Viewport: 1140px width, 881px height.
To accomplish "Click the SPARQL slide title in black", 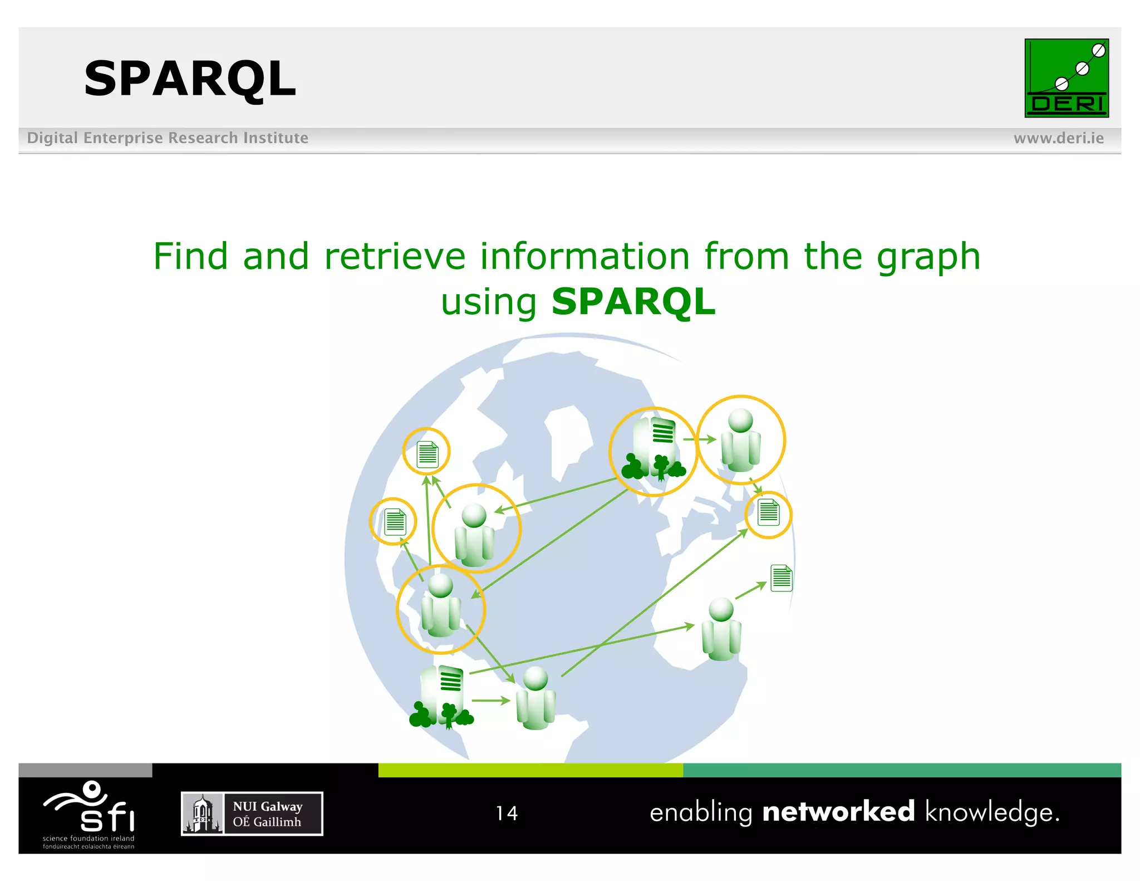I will click(x=190, y=79).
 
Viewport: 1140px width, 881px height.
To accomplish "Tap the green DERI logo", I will click(x=1066, y=78).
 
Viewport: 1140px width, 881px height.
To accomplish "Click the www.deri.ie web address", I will click(x=1058, y=138).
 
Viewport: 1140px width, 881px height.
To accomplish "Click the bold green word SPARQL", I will click(x=633, y=302).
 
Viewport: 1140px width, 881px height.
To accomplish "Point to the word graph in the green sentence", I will click(x=928, y=257).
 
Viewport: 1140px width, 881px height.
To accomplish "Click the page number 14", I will click(x=507, y=813).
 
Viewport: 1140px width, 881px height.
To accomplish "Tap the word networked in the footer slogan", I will click(x=838, y=811).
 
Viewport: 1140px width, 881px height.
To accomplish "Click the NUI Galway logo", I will click(x=252, y=814).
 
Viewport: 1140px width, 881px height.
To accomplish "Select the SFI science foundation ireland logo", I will click(x=89, y=814).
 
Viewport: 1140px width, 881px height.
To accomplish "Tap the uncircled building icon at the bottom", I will click(x=441, y=698).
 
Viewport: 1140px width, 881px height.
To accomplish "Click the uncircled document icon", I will click(x=781, y=577).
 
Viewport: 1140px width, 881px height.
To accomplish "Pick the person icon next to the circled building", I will click(x=740, y=440).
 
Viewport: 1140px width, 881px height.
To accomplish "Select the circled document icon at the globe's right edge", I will click(x=768, y=513).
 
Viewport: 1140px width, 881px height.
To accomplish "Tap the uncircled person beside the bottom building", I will click(x=535, y=698).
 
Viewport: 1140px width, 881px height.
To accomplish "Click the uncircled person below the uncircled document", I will click(x=721, y=629).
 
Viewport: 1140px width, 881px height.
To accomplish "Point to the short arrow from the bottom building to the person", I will click(x=490, y=701).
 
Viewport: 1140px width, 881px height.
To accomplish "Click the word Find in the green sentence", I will click(x=190, y=257).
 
